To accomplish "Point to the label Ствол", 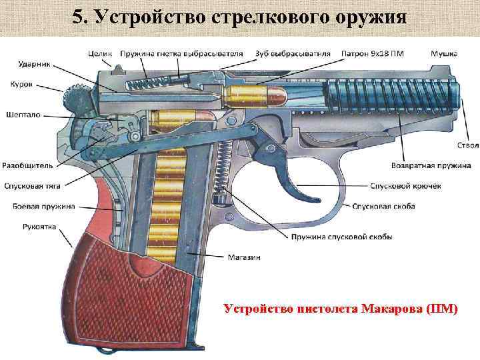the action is tap(467, 145).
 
